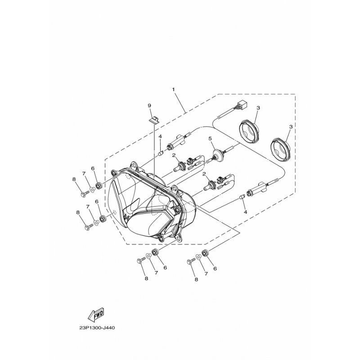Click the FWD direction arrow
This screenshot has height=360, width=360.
tap(96, 314)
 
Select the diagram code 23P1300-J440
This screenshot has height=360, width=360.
tap(97, 328)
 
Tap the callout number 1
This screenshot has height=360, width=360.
tap(174, 89)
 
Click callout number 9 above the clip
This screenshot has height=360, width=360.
tap(149, 105)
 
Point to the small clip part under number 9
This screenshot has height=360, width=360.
tap(153, 120)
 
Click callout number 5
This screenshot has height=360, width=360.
tap(210, 139)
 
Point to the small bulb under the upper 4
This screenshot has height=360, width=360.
tap(162, 153)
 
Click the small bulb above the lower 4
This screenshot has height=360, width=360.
tap(242, 197)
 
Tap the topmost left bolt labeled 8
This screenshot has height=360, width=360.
tap(85, 194)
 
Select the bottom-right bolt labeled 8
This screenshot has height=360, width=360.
tap(191, 261)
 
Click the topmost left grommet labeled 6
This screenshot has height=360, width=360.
tap(99, 185)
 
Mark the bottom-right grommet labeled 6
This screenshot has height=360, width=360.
tap(204, 253)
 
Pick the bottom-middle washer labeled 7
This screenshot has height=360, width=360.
tap(148, 256)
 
